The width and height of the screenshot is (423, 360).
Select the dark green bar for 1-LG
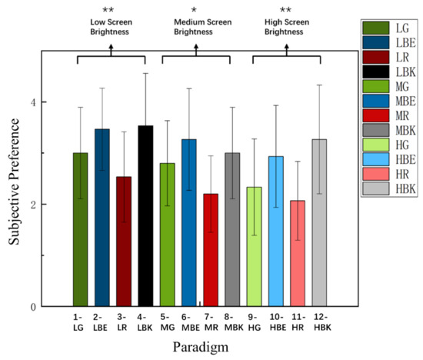[x=81, y=230]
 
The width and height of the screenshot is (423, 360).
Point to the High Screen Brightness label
[x=285, y=28]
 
